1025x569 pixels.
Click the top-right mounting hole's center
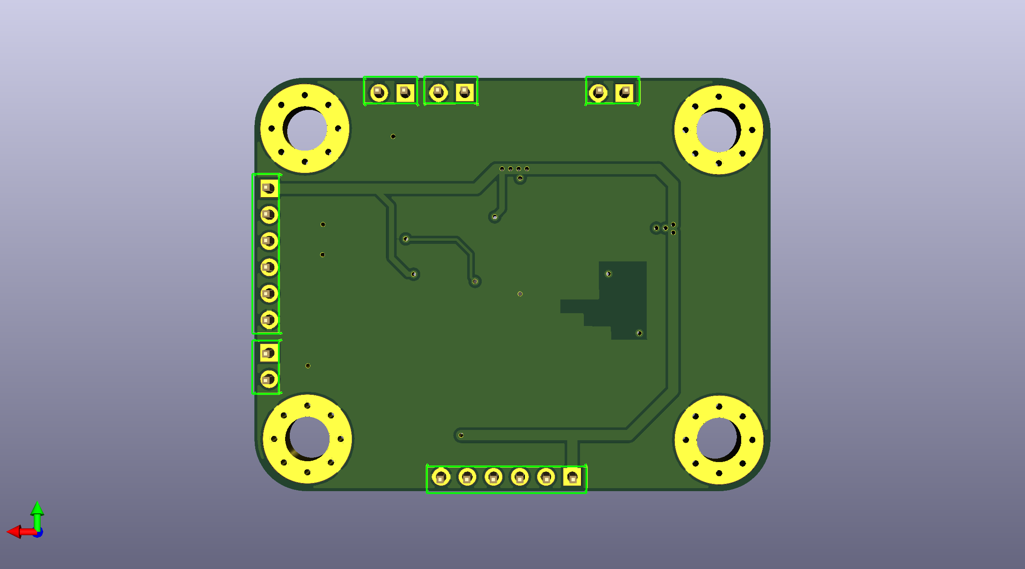tap(719, 130)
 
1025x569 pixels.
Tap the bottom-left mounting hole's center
tap(307, 439)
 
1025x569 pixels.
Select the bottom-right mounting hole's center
tap(719, 440)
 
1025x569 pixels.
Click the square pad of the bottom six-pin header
tap(572, 477)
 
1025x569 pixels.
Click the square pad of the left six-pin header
tap(269, 188)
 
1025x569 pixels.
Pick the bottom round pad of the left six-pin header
tap(269, 320)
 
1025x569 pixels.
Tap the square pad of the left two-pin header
tap(269, 353)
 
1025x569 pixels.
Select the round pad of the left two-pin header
tap(269, 379)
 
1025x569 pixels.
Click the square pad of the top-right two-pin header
tap(624, 92)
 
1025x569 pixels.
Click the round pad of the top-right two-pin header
tap(598, 92)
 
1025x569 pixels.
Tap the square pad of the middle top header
tap(465, 92)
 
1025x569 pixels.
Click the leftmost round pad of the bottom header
tap(441, 477)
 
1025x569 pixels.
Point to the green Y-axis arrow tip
tap(37, 504)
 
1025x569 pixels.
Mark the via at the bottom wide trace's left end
tap(461, 436)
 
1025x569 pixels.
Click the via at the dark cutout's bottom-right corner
tap(639, 333)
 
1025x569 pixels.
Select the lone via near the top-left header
tap(393, 136)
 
